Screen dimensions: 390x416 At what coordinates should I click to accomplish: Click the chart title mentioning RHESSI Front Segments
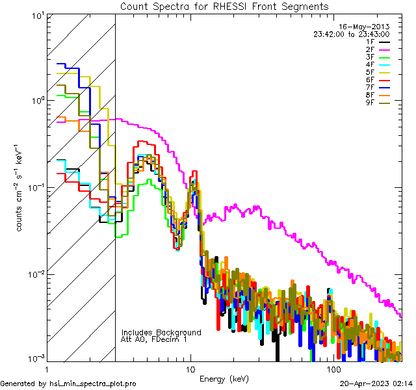click(224, 6)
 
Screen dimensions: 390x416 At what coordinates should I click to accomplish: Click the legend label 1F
click(370, 42)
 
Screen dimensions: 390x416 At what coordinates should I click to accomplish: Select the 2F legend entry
click(370, 49)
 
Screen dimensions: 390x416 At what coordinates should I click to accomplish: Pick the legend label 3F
click(370, 57)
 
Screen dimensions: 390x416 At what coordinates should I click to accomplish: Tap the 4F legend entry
click(370, 64)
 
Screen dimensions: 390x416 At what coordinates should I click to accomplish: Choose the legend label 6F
click(370, 80)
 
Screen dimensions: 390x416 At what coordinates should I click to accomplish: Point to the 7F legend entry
click(370, 88)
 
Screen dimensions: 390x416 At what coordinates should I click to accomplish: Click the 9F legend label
click(370, 103)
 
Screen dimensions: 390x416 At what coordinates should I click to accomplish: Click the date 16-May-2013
click(367, 27)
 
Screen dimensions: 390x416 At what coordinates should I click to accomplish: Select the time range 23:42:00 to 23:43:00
click(351, 34)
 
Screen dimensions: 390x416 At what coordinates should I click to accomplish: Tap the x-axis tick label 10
click(190, 369)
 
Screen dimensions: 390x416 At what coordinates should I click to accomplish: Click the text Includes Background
click(161, 332)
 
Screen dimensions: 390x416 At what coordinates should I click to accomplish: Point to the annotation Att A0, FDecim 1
click(154, 339)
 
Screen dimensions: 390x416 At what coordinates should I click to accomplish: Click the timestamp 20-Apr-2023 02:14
click(376, 384)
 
